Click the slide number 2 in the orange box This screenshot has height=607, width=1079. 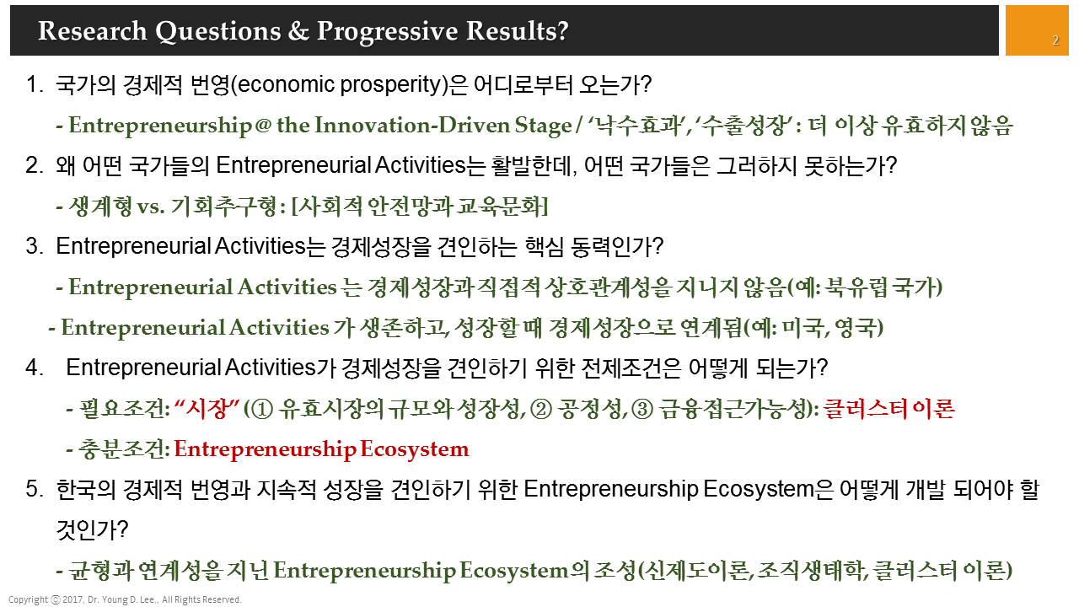1055,40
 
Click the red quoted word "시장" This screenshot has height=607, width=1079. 206,409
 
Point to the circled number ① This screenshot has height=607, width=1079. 261,410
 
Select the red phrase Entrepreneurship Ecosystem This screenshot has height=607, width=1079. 321,449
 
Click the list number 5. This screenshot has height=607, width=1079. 33,490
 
